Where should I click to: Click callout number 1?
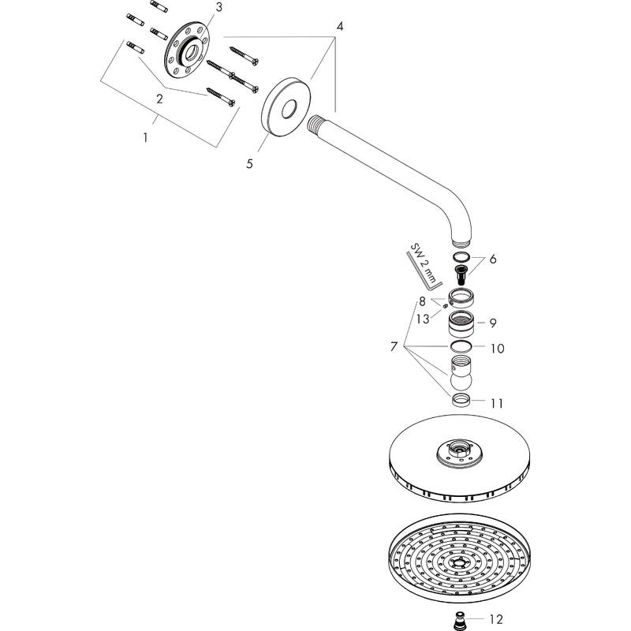[145, 138]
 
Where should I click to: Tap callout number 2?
[160, 99]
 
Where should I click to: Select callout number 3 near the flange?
[218, 7]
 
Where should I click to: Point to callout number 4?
[340, 27]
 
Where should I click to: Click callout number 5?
[249, 164]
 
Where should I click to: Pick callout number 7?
[394, 346]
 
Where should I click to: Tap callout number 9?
[493, 323]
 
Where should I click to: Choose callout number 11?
[497, 403]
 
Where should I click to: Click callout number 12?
[497, 619]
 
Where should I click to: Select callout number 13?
[423, 319]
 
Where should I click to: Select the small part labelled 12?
[458, 621]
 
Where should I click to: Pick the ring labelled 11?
[461, 401]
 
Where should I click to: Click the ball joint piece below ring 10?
[461, 372]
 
